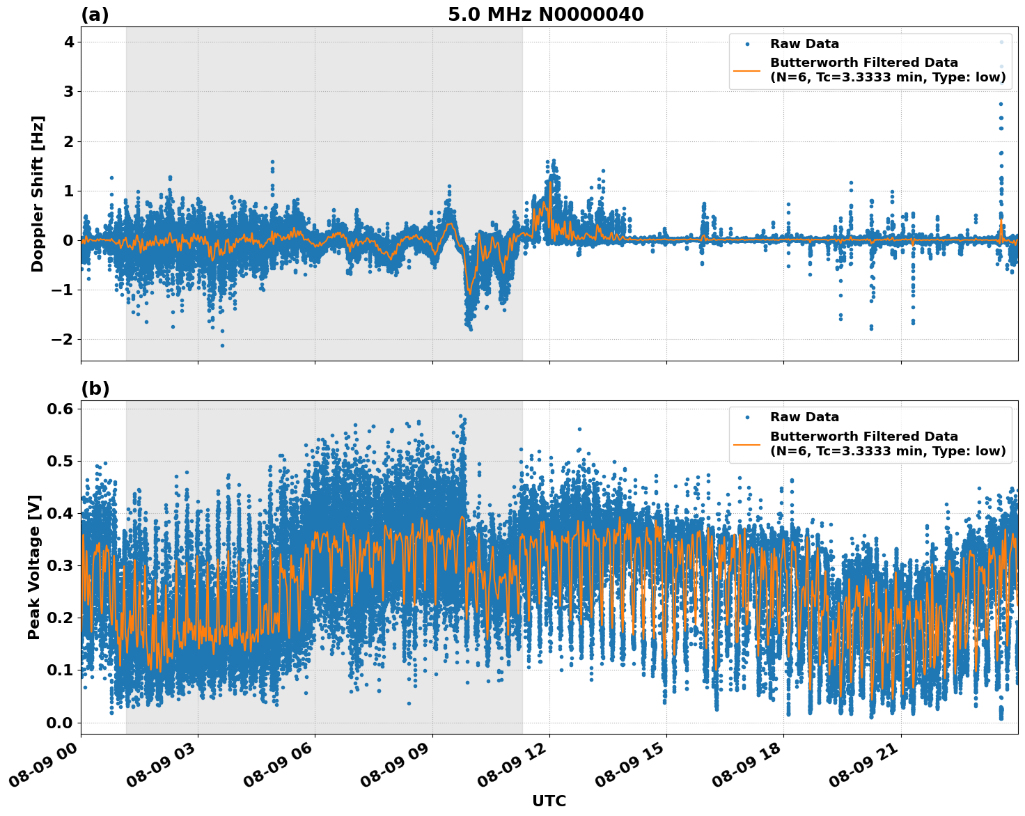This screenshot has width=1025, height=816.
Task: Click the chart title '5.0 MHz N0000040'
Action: coord(545,15)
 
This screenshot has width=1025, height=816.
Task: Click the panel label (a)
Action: coord(95,15)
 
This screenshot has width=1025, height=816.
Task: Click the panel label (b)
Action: coord(95,389)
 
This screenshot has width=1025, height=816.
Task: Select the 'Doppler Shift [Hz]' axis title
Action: coord(38,194)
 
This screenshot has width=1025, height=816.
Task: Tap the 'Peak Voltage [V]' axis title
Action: coord(34,567)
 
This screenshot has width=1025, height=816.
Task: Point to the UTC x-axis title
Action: coord(549,801)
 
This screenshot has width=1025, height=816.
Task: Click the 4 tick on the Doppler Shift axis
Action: coord(68,42)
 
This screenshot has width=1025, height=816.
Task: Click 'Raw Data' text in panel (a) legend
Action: coord(804,44)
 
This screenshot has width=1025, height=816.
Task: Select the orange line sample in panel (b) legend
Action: coord(747,444)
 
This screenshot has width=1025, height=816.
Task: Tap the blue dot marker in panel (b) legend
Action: coord(747,417)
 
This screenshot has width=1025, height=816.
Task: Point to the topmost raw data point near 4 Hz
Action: coord(1001,42)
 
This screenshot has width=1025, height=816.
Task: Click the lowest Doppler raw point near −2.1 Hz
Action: coord(222,345)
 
